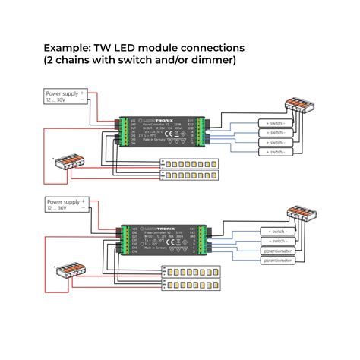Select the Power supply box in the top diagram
65,97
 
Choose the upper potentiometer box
278,250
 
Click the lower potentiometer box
278,261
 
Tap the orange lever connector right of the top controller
297,104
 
